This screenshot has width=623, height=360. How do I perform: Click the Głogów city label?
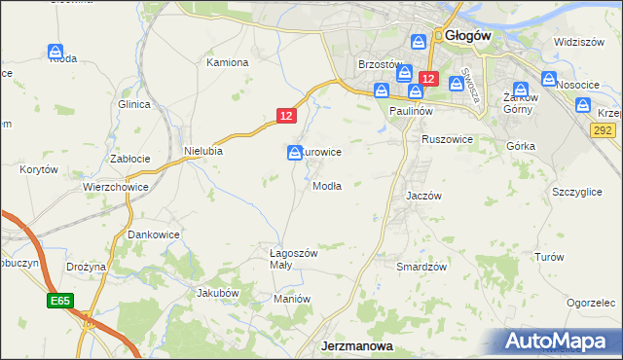coord(468,35)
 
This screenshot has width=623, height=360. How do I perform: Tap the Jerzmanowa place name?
coord(357,346)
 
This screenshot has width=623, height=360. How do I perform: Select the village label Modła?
coord(326,186)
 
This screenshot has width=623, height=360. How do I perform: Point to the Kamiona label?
coord(228,62)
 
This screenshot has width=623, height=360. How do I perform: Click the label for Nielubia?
coord(203,151)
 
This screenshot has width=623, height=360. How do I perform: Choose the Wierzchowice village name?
coord(115,187)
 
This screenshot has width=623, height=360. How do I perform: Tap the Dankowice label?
coord(154,235)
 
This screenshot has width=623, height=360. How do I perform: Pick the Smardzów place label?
coord(421,267)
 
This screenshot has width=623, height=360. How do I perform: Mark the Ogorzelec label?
coord(592,303)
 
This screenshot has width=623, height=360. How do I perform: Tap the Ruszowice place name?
coord(447,140)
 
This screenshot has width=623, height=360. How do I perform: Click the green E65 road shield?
coord(58,302)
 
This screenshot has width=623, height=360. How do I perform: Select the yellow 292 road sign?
coord(605,130)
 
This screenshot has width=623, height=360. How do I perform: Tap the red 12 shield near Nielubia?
coord(285,115)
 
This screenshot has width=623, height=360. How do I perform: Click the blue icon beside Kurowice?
coord(294,153)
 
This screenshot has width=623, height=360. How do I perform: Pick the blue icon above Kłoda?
coord(55,51)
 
